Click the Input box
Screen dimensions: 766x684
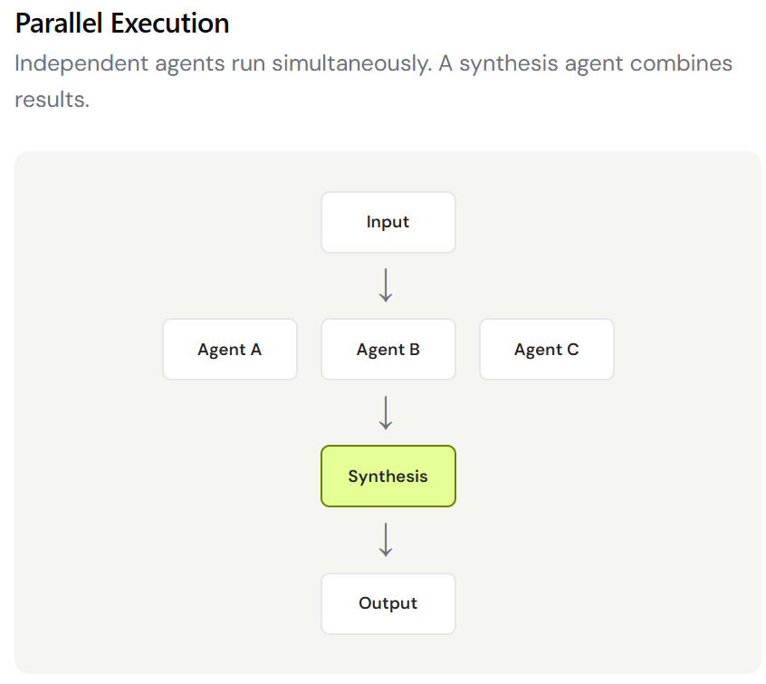click(x=388, y=223)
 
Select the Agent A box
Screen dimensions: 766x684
click(x=230, y=350)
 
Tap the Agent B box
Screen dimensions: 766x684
click(x=388, y=350)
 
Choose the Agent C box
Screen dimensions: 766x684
click(x=547, y=350)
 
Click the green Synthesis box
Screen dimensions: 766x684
click(x=388, y=477)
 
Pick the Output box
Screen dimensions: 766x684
click(x=388, y=603)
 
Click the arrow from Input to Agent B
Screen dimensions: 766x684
click(x=386, y=285)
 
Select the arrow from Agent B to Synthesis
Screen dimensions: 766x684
click(x=386, y=413)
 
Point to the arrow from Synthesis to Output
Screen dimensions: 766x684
click(x=386, y=540)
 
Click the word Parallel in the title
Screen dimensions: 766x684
click(x=59, y=24)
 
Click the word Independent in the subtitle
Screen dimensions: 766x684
click(x=81, y=64)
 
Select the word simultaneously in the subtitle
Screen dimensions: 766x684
click(x=351, y=64)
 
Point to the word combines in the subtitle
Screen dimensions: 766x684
click(x=681, y=63)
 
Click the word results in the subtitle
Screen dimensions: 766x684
click(x=53, y=100)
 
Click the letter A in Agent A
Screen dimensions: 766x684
click(x=256, y=350)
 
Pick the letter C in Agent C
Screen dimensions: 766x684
click(x=573, y=350)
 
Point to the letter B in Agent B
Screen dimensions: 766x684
click(x=415, y=350)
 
